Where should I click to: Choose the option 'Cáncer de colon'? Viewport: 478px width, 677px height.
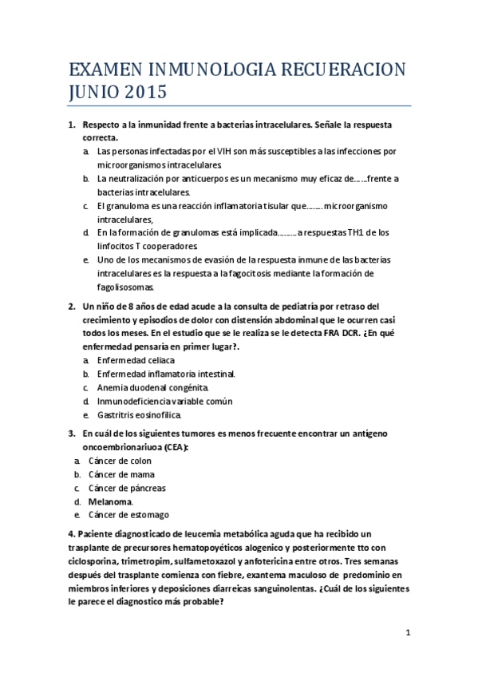120,461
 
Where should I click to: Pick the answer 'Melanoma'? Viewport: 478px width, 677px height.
110,501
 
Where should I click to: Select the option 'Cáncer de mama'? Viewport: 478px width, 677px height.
121,474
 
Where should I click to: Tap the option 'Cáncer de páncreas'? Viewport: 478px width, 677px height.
127,488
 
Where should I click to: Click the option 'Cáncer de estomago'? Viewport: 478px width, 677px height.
128,515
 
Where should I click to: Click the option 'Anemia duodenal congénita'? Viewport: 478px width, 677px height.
152,387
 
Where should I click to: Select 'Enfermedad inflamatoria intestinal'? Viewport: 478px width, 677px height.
165,374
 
